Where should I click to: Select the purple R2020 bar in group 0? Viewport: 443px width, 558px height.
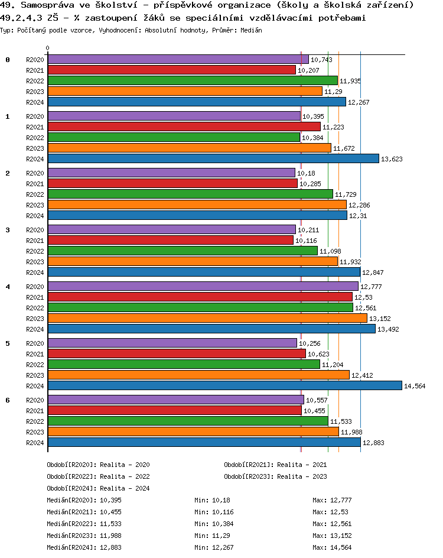[178, 59]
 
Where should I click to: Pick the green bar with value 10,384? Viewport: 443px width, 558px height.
[174, 137]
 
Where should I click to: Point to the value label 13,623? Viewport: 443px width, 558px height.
[393, 159]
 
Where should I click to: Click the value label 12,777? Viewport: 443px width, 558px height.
[372, 287]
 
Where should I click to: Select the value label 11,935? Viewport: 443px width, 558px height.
[350, 81]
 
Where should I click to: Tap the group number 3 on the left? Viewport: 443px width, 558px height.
[8, 229]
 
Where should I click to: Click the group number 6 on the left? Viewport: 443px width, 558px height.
[8, 400]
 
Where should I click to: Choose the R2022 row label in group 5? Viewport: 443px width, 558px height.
[35, 365]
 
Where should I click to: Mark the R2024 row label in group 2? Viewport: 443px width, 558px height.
[35, 216]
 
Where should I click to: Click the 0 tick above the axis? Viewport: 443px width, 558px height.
[48, 48]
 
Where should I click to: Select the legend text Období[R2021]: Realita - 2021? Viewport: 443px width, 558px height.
[275, 465]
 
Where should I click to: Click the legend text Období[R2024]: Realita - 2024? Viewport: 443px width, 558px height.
[98, 488]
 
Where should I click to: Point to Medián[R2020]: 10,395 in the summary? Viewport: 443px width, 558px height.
[84, 500]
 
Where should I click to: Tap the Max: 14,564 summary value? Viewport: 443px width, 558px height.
[332, 547]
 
